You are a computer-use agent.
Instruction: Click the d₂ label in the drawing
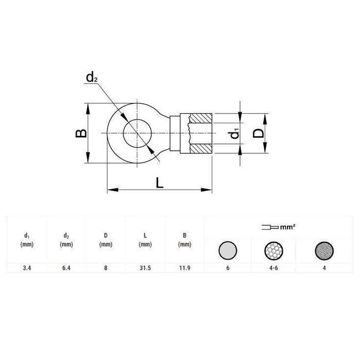point(92,78)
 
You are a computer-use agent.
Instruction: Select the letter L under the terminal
point(160,182)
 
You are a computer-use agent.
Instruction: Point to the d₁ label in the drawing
point(234,134)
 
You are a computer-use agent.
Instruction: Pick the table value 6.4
point(66,268)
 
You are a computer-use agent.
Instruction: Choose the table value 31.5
point(145,268)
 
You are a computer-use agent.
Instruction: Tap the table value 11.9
point(184,268)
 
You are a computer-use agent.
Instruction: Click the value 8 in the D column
point(105,268)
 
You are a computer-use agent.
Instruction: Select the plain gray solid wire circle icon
point(228,251)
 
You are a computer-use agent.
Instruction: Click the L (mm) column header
point(145,240)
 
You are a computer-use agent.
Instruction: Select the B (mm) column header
point(184,240)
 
